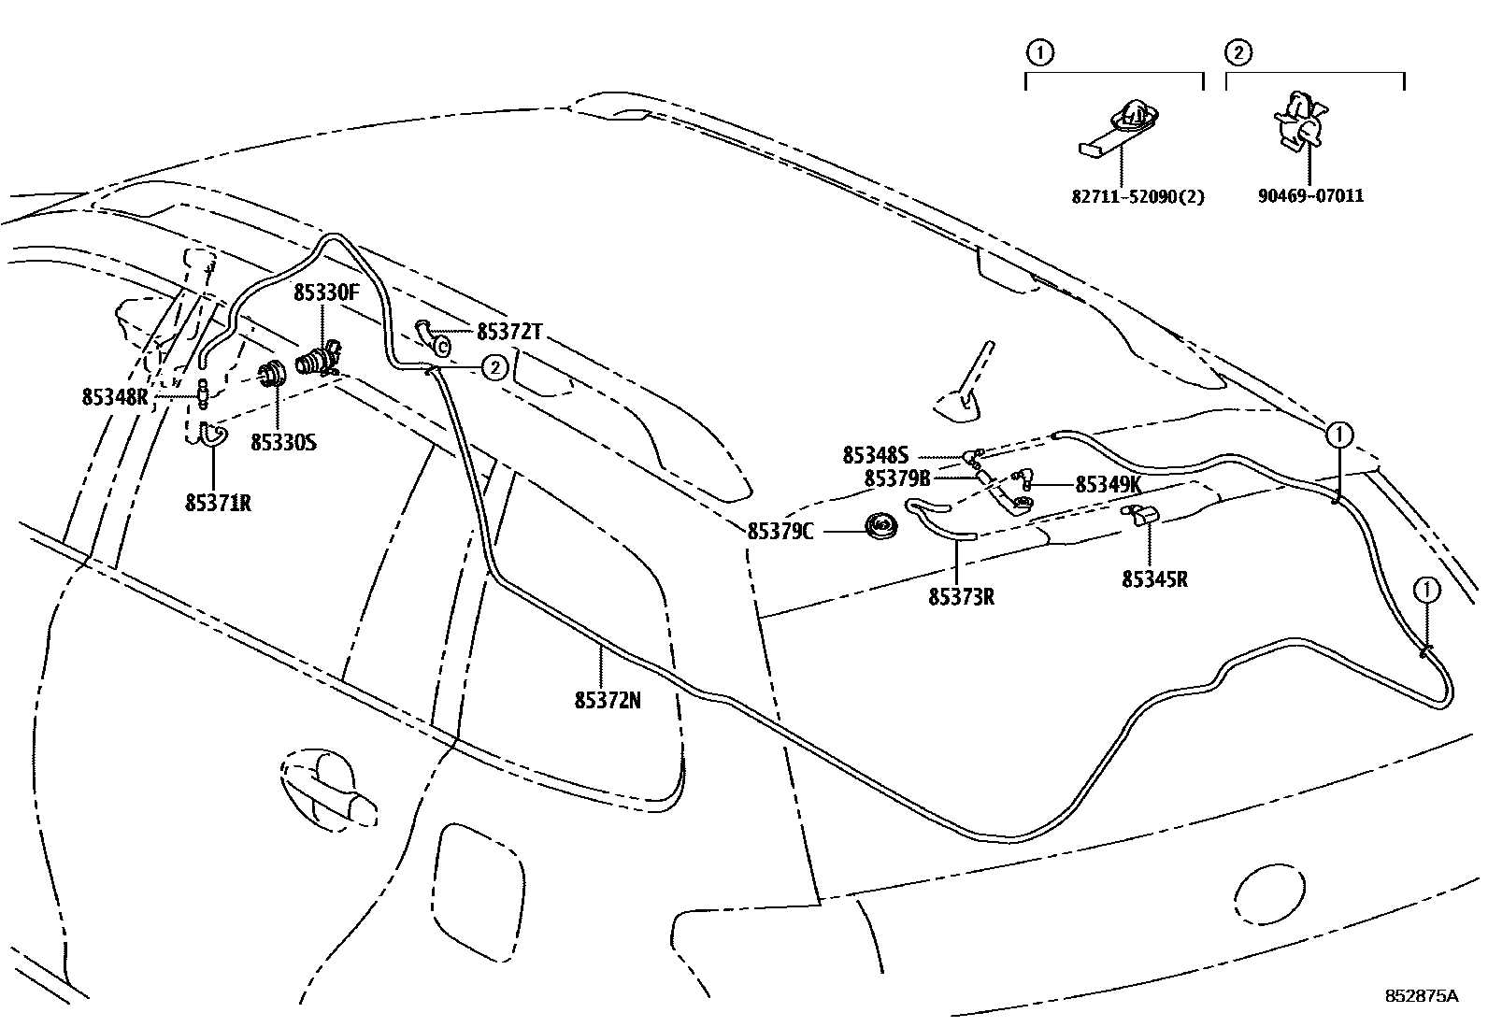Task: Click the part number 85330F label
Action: pos(326,292)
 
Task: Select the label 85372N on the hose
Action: pos(608,699)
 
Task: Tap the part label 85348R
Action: pos(115,396)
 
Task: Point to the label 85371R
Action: pos(218,503)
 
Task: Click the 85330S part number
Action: pos(283,442)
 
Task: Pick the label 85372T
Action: pos(509,332)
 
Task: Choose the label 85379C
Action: pos(780,531)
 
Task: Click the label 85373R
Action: pos(961,596)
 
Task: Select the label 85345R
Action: pos(1154,578)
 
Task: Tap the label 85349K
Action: pos(1109,484)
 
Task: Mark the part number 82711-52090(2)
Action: pos(1137,196)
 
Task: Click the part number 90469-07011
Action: pos(1309,196)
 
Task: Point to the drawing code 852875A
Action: pos(1422,996)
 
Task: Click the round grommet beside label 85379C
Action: pos(879,527)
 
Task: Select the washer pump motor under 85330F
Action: pos(318,360)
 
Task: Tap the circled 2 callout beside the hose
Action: pos(494,367)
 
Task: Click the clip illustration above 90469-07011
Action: pos(1300,122)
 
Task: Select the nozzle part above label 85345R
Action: pos(1140,514)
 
